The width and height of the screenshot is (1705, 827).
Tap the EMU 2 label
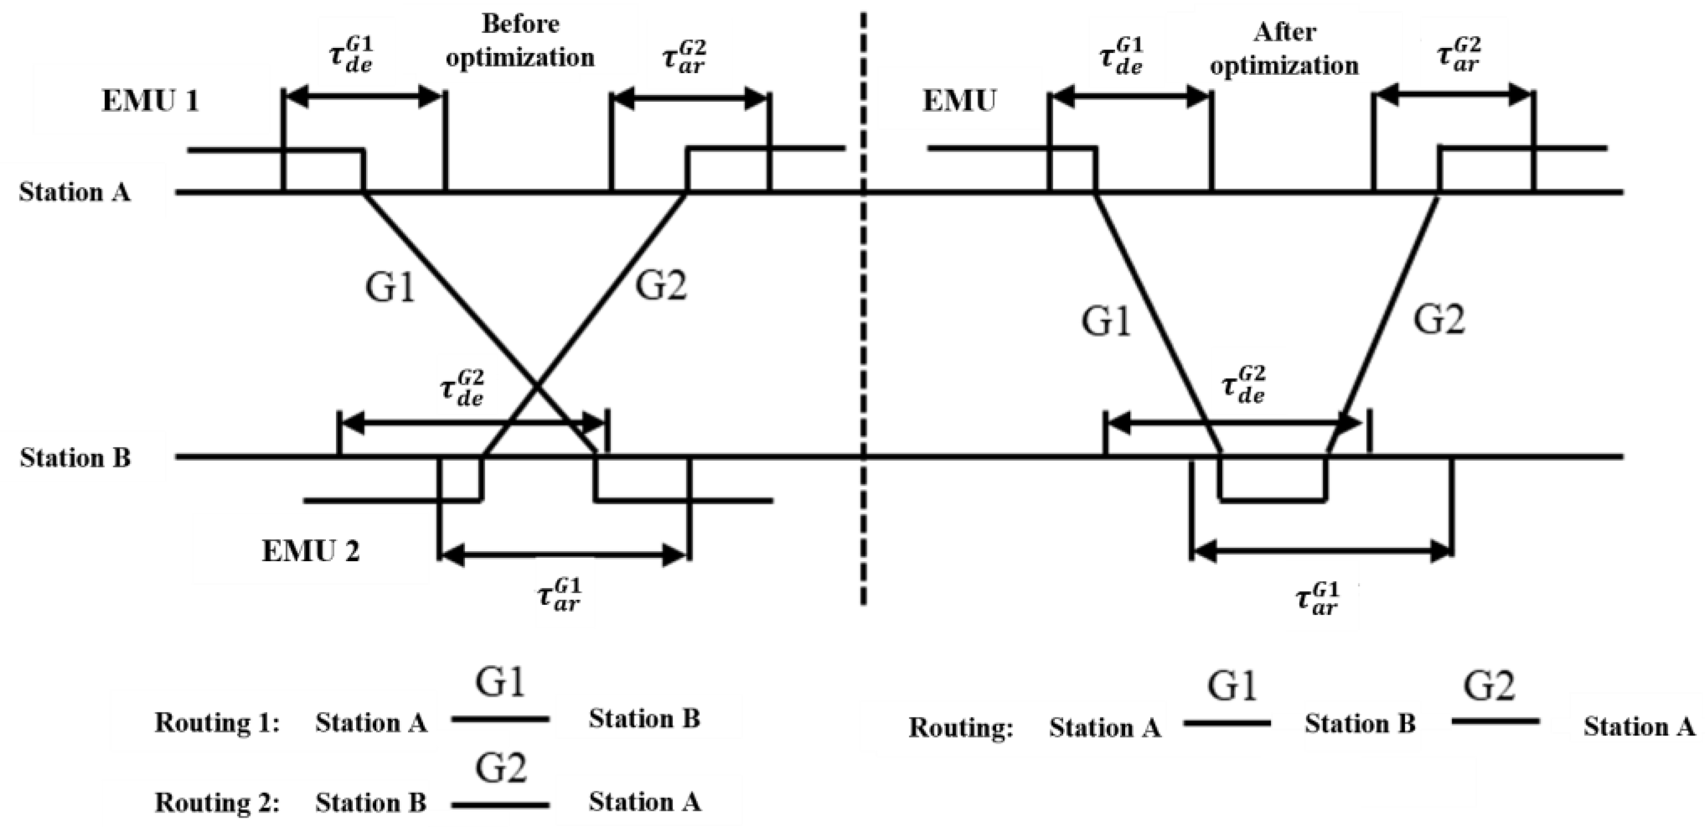pos(310,551)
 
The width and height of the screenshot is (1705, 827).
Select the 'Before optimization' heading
pos(520,41)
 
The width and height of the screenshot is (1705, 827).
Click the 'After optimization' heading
pos(1284,49)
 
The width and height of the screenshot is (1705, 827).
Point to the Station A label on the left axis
pos(74,193)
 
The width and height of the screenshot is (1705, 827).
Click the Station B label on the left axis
pos(75,457)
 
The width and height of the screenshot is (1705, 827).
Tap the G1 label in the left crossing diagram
pos(391,289)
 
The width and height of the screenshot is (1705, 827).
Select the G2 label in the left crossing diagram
pos(661,286)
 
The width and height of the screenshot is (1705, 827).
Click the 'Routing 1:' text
pos(217,723)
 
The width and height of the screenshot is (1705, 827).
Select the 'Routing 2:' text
pos(217,803)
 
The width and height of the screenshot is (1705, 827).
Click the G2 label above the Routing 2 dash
pos(501,768)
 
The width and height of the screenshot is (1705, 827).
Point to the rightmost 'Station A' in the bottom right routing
pos(1639,727)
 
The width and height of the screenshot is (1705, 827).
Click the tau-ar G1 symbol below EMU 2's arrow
pos(559,595)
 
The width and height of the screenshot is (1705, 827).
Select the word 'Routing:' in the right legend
pos(961,728)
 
